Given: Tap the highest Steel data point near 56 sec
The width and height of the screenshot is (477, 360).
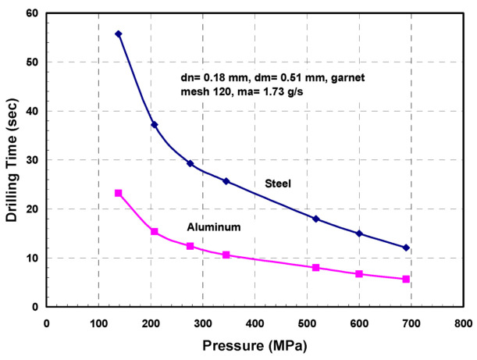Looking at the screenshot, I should point(119,34).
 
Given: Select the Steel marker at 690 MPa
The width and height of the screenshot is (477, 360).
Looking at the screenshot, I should point(406,248).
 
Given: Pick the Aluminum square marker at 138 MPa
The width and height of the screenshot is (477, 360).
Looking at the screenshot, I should point(119,193).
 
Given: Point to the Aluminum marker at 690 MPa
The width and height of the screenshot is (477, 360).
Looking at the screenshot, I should point(406,279).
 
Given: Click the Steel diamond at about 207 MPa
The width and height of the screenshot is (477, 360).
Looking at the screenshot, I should point(155,124).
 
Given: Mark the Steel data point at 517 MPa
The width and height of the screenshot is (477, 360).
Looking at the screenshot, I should point(316,219).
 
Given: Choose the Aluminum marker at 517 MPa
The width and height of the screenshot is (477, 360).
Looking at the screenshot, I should point(316,267).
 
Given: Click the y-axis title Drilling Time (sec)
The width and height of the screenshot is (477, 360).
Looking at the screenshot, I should point(13,160).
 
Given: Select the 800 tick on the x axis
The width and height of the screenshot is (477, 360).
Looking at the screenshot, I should point(462,322).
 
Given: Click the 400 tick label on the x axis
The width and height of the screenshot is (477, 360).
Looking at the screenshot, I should point(255,322).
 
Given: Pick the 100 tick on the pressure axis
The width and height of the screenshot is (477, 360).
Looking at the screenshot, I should point(98,322).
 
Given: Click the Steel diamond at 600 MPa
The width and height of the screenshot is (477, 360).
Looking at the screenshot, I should point(359,233).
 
